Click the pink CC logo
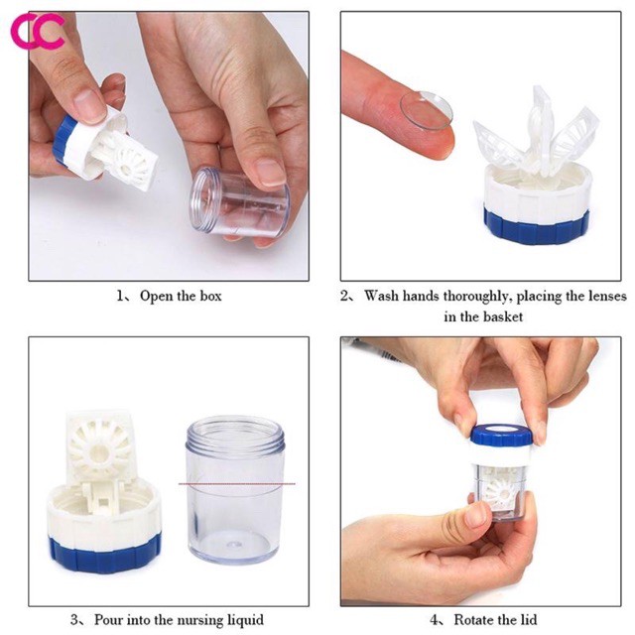(37, 32)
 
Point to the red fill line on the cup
(236, 484)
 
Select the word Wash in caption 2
(385, 295)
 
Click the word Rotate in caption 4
(476, 620)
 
